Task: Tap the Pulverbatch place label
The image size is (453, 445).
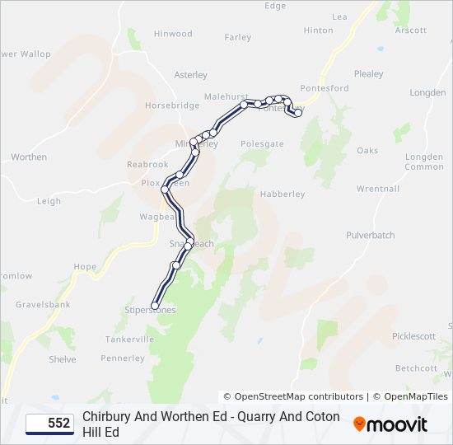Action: pos(371,235)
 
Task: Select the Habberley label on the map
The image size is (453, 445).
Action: pos(283,194)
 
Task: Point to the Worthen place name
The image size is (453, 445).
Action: pos(29,157)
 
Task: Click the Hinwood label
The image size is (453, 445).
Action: pos(172,34)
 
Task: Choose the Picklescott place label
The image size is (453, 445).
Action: pos(414,336)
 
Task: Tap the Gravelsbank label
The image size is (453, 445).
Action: pos(43,305)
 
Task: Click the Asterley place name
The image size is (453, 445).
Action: pos(191,75)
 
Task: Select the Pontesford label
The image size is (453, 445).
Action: pos(325,88)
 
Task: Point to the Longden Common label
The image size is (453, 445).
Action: pos(424,162)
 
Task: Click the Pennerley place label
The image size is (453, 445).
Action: pos(123,358)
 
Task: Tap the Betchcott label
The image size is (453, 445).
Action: pos(416,368)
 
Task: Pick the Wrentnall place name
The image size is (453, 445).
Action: pos(378,189)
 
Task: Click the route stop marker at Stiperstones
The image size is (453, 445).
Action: pos(155,306)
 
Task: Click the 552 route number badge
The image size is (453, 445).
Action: pos(50,424)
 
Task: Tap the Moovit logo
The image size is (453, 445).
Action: pos(390,424)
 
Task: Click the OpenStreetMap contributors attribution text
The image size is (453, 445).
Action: pos(293,396)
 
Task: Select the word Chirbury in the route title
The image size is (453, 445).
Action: pos(109,416)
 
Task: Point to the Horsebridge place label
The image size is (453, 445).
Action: pos(172,106)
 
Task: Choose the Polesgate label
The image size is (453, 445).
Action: pos(262,143)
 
